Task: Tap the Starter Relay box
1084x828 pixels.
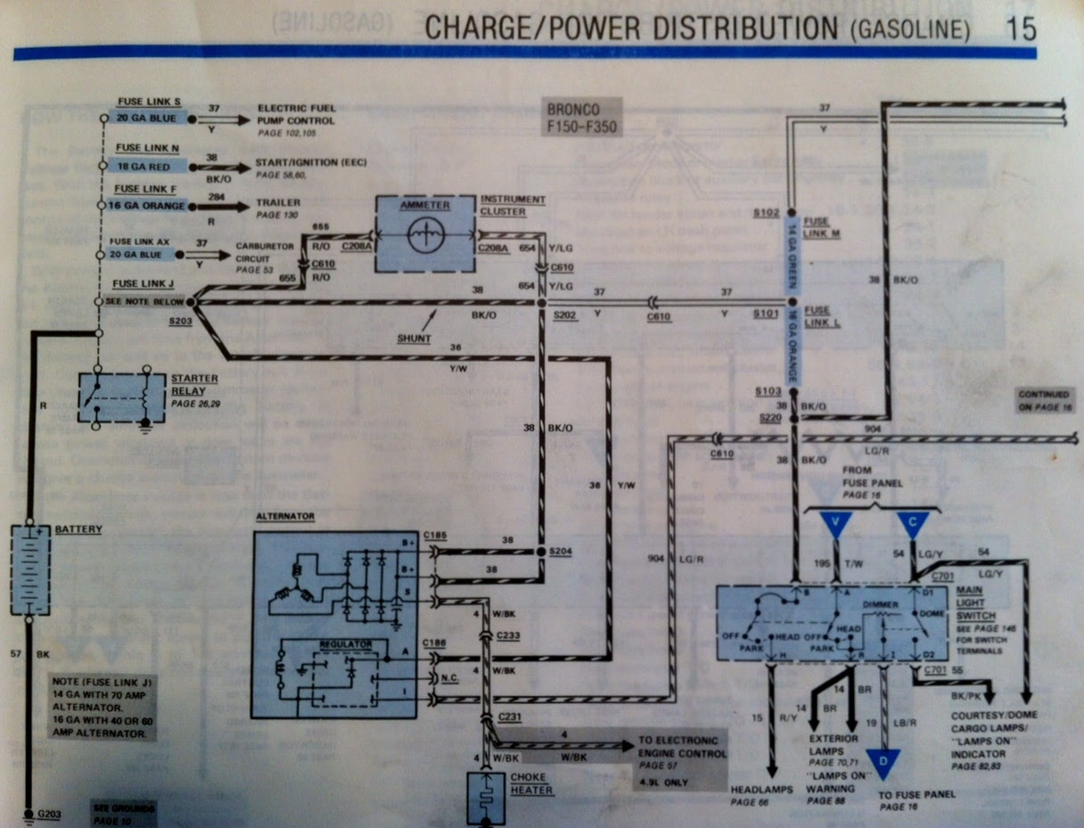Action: pyautogui.click(x=122, y=398)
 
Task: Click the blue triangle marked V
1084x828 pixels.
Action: pyautogui.click(x=835, y=525)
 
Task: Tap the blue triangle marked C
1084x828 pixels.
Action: pyautogui.click(x=913, y=525)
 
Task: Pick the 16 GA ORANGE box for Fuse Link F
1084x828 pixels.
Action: pyautogui.click(x=148, y=206)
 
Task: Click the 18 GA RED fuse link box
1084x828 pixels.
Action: pyautogui.click(x=148, y=166)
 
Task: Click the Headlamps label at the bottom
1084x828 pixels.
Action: pyautogui.click(x=756, y=790)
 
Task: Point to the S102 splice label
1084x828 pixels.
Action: pyautogui.click(x=766, y=213)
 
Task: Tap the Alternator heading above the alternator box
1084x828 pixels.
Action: pyautogui.click(x=284, y=516)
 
